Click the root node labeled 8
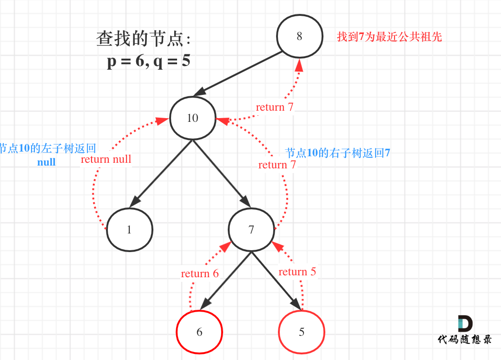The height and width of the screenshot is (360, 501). [x=299, y=36]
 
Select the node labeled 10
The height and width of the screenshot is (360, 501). [x=192, y=118]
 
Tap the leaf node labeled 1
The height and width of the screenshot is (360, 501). [x=130, y=230]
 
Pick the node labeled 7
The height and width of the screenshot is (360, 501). [x=251, y=230]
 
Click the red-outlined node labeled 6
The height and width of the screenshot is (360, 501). [x=199, y=332]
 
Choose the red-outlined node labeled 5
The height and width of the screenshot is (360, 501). [x=302, y=332]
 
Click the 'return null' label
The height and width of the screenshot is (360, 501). [x=106, y=160]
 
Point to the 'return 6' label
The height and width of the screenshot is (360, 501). [x=200, y=273]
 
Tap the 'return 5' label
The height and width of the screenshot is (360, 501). [x=297, y=272]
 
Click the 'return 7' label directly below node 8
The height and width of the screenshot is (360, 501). [x=275, y=107]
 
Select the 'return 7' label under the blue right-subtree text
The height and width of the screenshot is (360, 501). [x=277, y=165]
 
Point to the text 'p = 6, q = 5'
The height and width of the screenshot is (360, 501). [x=148, y=61]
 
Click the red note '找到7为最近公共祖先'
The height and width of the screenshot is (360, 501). [x=389, y=37]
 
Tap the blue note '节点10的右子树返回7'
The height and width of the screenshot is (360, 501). [x=337, y=153]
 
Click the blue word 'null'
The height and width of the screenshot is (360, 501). [x=46, y=162]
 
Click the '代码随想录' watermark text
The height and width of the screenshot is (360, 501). [x=464, y=340]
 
